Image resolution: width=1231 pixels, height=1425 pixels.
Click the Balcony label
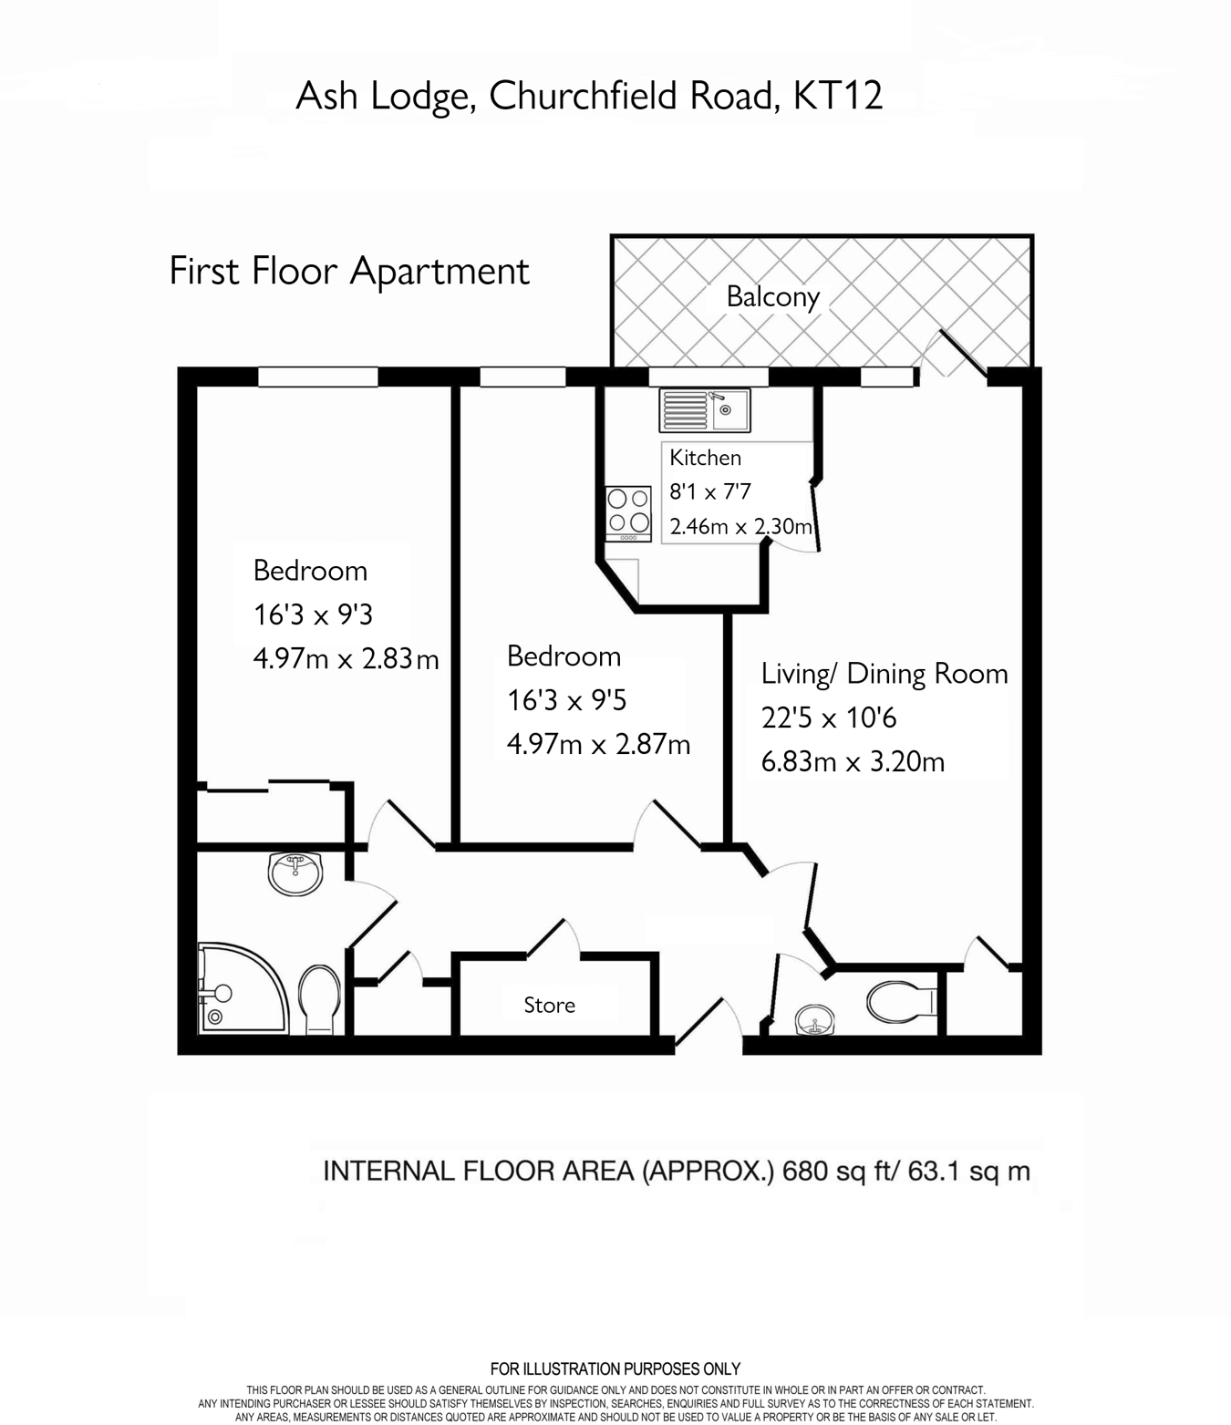(x=772, y=296)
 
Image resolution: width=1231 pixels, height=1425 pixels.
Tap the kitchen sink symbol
(x=705, y=410)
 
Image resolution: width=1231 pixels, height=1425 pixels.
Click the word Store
(x=549, y=1005)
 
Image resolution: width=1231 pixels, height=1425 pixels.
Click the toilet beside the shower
(x=319, y=998)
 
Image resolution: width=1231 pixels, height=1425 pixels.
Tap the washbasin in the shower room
(x=295, y=873)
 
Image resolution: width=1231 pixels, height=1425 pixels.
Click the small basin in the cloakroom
(x=812, y=1020)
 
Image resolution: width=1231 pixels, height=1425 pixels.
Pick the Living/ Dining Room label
(x=884, y=674)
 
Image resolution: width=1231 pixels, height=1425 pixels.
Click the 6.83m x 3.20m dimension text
(x=853, y=761)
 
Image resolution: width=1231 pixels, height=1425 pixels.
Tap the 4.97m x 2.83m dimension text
(x=346, y=658)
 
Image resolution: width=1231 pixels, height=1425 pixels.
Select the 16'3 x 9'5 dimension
(x=566, y=700)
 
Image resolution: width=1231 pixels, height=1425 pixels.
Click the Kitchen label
(x=705, y=458)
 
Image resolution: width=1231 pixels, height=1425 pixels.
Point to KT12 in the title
(x=838, y=96)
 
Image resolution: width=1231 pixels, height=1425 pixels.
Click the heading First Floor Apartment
(x=349, y=272)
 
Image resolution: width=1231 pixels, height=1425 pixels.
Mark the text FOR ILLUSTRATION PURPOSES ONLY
(x=615, y=1368)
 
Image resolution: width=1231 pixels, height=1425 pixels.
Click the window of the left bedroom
(x=317, y=377)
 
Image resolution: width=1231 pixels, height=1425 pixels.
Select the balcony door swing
(x=954, y=353)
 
